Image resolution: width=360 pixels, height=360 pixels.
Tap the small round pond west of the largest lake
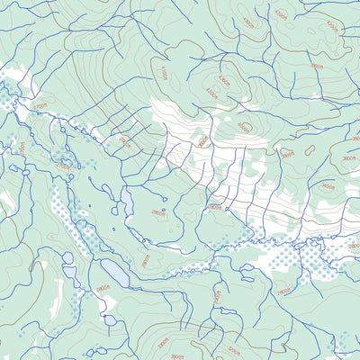[68, 258]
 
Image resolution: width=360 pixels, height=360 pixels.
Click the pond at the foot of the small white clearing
[109, 319]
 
